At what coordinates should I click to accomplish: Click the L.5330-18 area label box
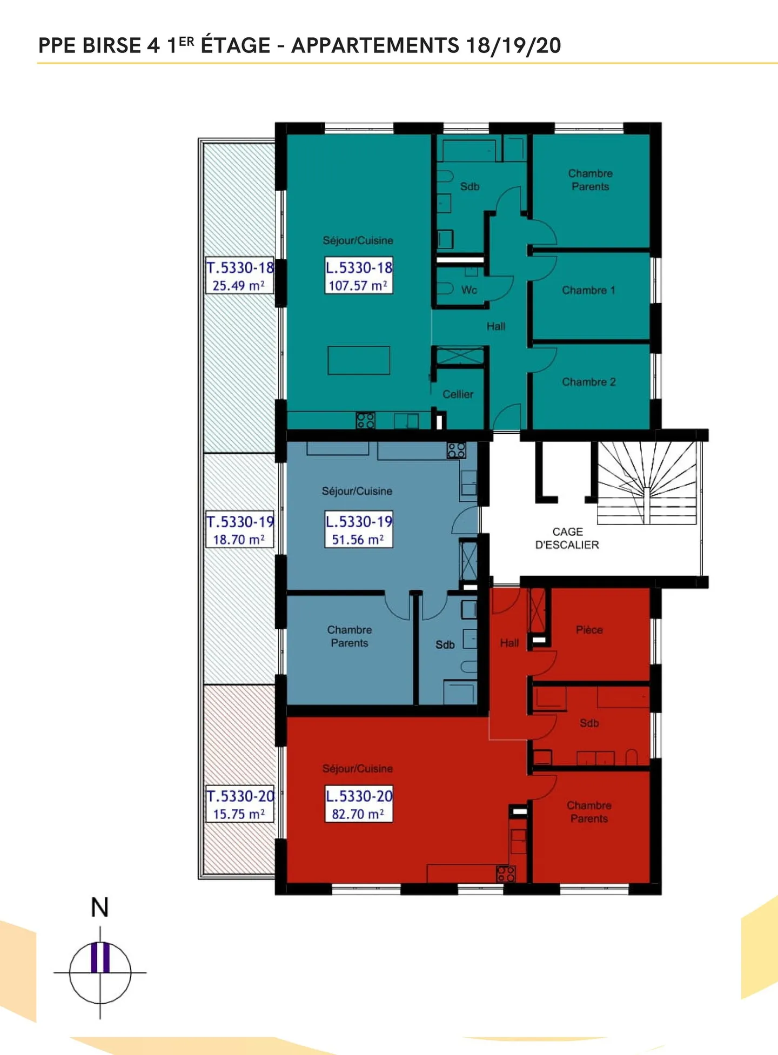tap(358, 275)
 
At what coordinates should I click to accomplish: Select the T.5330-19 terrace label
tap(239, 530)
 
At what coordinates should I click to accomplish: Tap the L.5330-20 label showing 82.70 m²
tap(358, 804)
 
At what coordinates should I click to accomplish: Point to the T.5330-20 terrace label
tap(239, 804)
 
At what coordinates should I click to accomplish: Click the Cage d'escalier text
tap(567, 539)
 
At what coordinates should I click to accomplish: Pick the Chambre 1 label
tap(588, 290)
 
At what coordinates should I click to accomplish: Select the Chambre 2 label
tap(588, 382)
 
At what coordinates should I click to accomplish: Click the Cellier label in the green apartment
tap(458, 394)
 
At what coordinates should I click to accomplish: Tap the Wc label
tap(469, 290)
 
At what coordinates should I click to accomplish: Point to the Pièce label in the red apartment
tap(589, 630)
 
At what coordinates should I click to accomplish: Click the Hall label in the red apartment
tap(509, 643)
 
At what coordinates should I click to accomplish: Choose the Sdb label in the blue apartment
tap(445, 644)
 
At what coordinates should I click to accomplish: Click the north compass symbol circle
tap(100, 972)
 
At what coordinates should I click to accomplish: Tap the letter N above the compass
tap(100, 908)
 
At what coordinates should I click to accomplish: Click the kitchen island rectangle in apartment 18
tap(359, 360)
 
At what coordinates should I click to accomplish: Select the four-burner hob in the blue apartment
tap(457, 451)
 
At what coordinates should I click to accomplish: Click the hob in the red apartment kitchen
tap(506, 873)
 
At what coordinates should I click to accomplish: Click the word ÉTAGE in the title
tap(236, 45)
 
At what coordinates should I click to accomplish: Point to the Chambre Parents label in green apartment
tap(590, 180)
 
